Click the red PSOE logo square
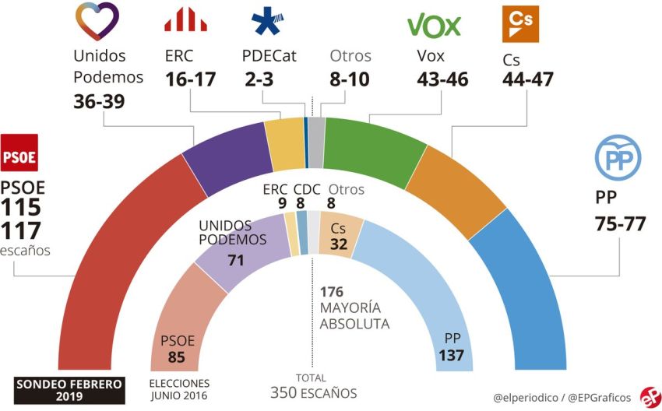(x=19, y=153)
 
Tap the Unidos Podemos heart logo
(x=97, y=22)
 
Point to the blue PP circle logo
(x=618, y=159)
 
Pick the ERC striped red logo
(x=185, y=19)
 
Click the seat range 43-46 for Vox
(x=442, y=79)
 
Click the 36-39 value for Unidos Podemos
(x=100, y=102)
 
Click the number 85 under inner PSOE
(x=177, y=357)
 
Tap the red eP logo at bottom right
(x=648, y=396)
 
